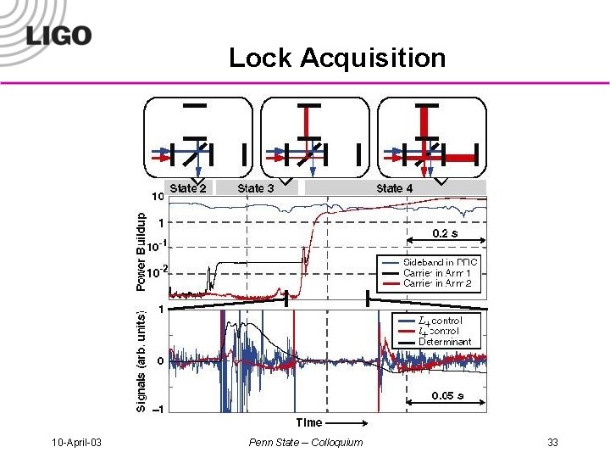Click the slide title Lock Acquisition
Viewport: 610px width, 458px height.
[336, 58]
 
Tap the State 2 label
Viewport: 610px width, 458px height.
[188, 187]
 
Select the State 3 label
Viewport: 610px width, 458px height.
[255, 187]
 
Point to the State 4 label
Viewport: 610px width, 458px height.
[395, 187]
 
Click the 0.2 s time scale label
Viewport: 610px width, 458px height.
[447, 232]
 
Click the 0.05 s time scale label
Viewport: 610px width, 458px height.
[447, 395]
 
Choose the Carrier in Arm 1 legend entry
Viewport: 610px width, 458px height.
[437, 273]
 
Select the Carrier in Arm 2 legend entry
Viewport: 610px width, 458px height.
[437, 283]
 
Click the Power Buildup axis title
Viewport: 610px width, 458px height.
[141, 250]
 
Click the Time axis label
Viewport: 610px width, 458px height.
[308, 422]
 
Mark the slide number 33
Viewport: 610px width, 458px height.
[552, 442]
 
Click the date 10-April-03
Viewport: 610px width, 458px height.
[77, 442]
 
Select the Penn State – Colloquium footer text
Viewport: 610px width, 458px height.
[306, 442]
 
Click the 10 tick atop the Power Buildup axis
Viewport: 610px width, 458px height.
[158, 197]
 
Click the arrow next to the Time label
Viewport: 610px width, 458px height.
[346, 422]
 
